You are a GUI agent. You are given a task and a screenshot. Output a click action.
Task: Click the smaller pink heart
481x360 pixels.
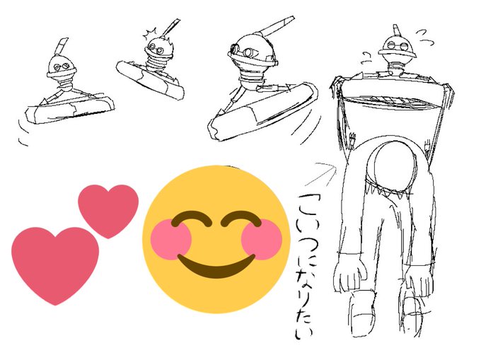tap(108, 209)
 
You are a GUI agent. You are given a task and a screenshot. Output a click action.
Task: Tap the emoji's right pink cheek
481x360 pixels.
tap(261, 239)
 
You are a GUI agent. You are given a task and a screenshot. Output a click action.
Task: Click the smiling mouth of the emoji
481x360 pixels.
tap(216, 266)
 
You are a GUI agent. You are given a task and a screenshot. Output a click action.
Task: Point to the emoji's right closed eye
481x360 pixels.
tap(240, 218)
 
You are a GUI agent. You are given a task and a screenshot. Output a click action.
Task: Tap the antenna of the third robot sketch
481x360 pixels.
tap(276, 26)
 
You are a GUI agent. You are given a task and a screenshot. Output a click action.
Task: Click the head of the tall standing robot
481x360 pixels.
tap(396, 47)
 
